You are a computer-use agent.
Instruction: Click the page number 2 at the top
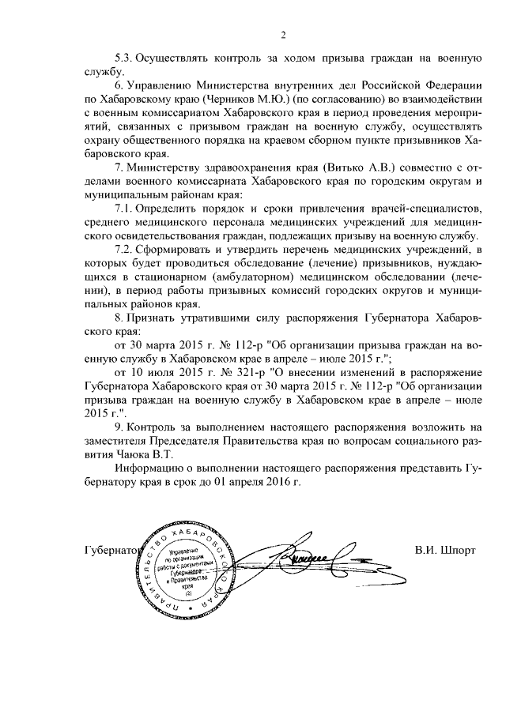[282, 35]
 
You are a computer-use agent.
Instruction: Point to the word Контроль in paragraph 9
[155, 427]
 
